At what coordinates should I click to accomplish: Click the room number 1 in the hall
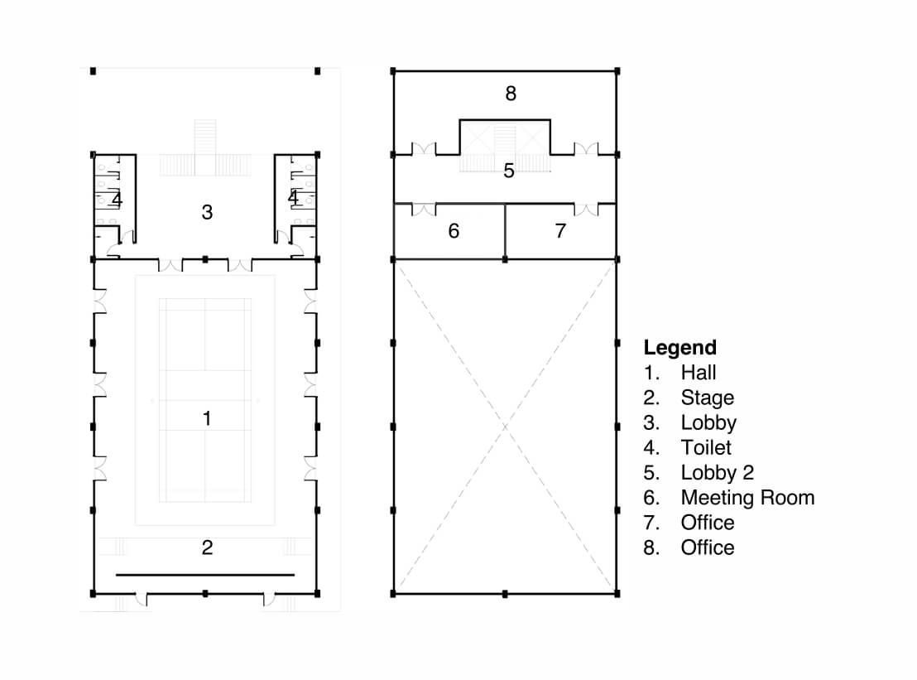[x=206, y=417]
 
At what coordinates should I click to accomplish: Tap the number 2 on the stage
[x=207, y=547]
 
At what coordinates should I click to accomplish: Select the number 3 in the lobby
[x=207, y=212]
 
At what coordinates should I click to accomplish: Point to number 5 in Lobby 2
[x=509, y=171]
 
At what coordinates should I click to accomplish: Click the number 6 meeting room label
[x=454, y=231]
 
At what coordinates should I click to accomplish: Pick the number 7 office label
[x=560, y=231]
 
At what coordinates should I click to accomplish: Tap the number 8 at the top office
[x=511, y=93]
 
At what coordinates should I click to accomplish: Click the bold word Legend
[x=679, y=348]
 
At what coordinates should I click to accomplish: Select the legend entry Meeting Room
[x=747, y=498]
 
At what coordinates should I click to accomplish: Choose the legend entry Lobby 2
[x=717, y=472]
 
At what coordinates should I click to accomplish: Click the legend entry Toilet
[x=706, y=447]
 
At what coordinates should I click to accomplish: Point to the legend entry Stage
[x=707, y=398]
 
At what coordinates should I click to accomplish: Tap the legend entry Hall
[x=699, y=372]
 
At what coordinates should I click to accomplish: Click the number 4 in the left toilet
[x=117, y=200]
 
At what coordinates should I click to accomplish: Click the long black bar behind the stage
[x=205, y=575]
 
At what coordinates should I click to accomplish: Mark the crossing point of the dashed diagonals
[x=506, y=427]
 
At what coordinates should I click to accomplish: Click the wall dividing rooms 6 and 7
[x=506, y=231]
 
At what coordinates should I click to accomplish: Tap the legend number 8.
[x=651, y=547]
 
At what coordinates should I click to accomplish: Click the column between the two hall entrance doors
[x=204, y=259]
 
